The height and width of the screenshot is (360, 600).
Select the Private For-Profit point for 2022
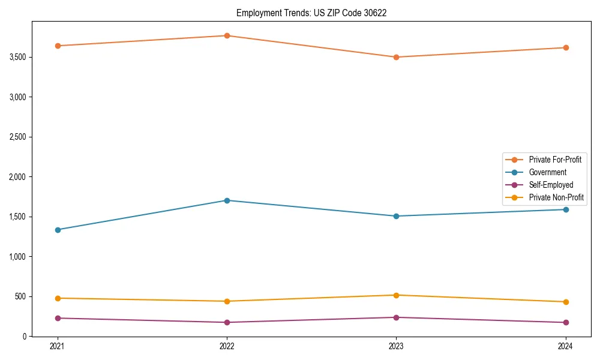(227, 36)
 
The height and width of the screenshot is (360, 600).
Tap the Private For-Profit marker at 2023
(396, 58)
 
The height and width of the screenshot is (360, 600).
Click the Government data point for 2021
(58, 230)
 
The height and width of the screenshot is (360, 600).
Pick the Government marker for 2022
(227, 200)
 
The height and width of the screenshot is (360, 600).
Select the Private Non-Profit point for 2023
(396, 295)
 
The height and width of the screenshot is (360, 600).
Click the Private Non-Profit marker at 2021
(58, 298)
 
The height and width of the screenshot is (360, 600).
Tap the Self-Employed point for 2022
(227, 323)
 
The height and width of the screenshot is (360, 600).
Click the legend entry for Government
(547, 172)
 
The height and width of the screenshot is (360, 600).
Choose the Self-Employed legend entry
(551, 185)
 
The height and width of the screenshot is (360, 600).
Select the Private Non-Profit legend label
(556, 197)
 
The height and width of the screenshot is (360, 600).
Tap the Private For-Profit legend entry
(555, 160)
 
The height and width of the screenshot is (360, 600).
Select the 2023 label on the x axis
(396, 346)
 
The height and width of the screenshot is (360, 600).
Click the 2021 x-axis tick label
(58, 346)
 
